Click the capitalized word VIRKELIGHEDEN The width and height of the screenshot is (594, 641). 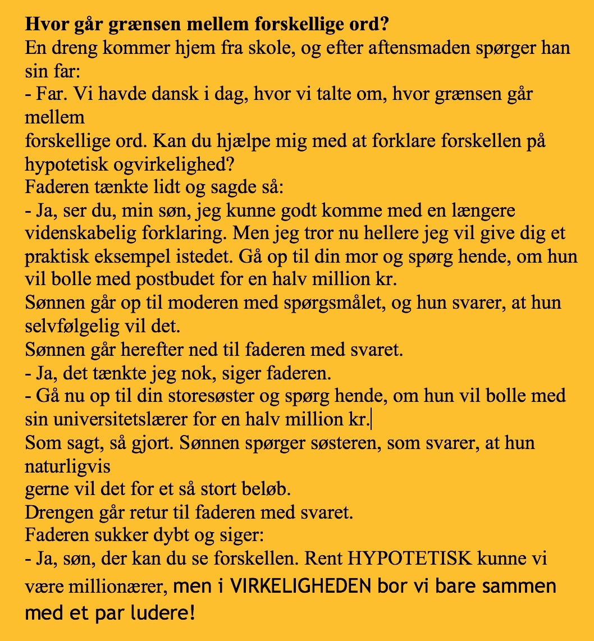pos(301,587)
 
